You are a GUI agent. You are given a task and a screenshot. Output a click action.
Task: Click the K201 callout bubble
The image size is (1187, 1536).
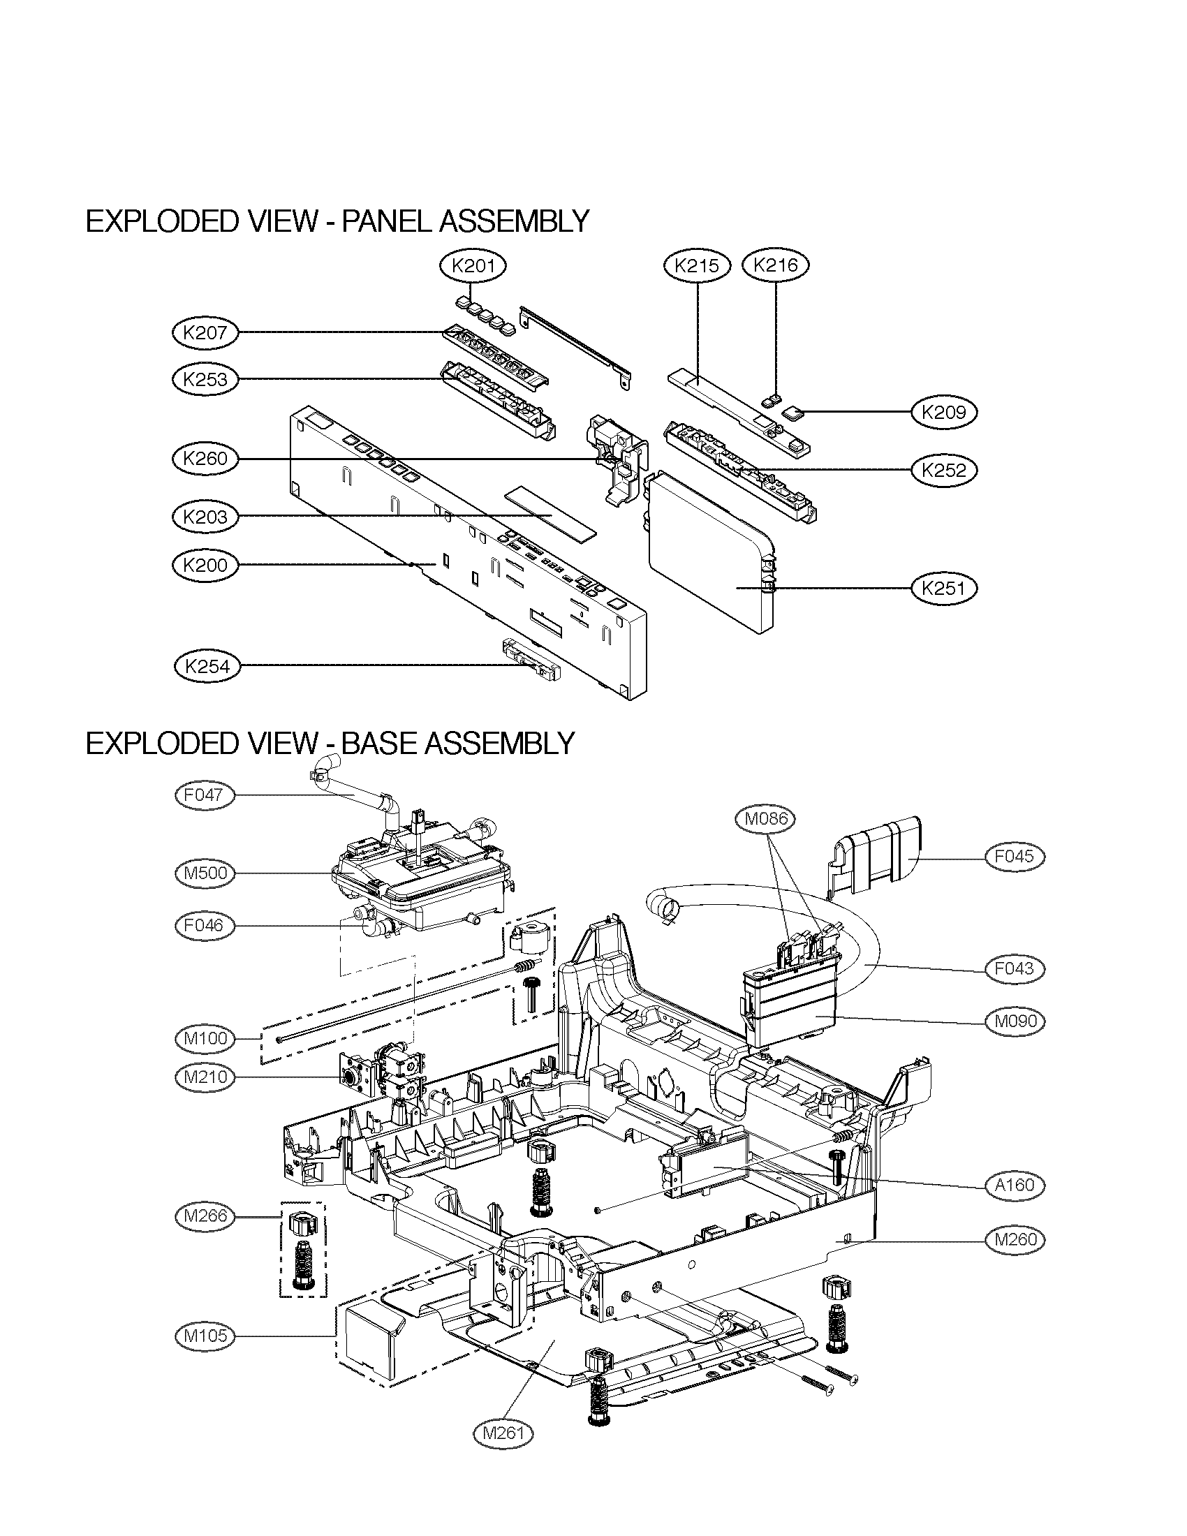[473, 266]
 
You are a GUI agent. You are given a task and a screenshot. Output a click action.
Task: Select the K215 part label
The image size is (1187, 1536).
[697, 265]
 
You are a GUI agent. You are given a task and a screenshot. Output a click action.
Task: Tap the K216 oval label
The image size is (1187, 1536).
[776, 265]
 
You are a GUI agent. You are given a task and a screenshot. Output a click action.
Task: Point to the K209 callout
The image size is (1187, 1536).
[945, 412]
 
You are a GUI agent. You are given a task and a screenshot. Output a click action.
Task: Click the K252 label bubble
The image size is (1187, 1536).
[945, 470]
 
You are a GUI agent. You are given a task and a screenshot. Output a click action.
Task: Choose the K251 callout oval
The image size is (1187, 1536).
[945, 587]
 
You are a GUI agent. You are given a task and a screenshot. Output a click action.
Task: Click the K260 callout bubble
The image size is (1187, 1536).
[205, 459]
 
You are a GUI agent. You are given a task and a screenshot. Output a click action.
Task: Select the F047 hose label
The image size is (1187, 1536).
[204, 795]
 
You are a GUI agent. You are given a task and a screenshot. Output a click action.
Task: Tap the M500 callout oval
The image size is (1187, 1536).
[204, 873]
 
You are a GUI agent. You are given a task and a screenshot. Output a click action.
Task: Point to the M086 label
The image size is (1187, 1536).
[768, 818]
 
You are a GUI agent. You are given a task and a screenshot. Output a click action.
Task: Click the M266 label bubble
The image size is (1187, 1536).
[204, 1216]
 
